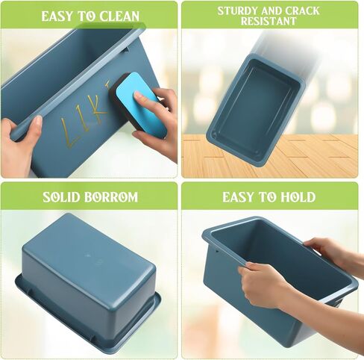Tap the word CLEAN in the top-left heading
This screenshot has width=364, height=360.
coord(119,16)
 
